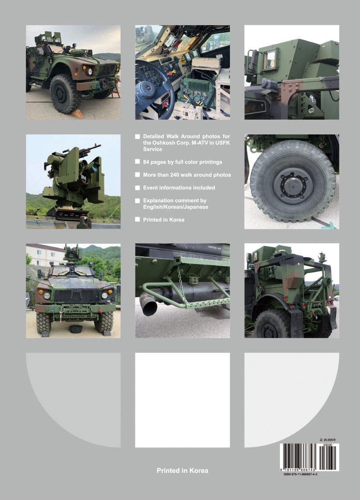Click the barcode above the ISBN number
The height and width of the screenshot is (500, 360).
309,457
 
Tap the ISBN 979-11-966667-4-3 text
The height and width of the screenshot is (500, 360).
300,474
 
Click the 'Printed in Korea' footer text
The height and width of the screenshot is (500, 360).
182,471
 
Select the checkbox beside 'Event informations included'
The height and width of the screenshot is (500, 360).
138,188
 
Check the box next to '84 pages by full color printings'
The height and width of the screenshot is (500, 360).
138,162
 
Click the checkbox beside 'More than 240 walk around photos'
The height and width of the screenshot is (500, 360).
138,175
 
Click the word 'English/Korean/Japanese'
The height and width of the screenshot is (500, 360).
175,207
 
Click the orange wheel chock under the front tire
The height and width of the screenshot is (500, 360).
76,114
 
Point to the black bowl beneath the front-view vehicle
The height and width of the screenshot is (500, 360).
76,329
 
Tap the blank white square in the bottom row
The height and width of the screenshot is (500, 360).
182,400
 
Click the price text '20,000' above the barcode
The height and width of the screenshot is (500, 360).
327,440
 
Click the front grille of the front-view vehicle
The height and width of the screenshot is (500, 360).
76,296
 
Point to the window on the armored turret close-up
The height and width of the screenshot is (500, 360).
270,60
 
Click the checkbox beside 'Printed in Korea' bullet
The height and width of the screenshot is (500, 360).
138,219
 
